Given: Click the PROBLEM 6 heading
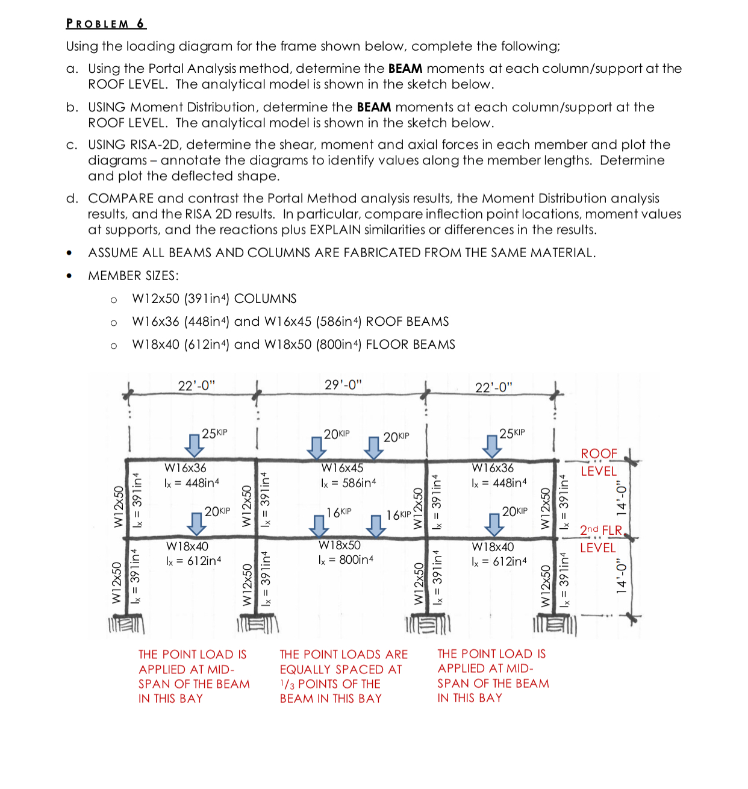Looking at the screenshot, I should tap(106, 23).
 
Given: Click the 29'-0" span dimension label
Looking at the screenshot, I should tap(343, 385).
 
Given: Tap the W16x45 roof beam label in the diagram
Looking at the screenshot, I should tap(342, 467).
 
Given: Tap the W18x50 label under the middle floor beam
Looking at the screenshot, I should tap(340, 545).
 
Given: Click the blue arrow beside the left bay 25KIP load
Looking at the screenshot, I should tap(194, 445).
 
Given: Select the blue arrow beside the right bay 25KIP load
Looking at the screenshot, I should tap(492, 446).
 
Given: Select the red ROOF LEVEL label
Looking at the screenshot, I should tap(599, 462).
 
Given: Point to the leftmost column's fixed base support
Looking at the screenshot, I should tap(126, 624).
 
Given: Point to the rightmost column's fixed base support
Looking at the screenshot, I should tap(555, 624).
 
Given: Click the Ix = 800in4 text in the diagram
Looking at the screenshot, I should tap(346, 560).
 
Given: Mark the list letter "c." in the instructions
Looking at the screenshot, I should tap(72, 145).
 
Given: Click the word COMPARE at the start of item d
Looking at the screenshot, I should tap(121, 198).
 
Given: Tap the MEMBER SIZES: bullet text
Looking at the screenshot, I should tap(133, 276).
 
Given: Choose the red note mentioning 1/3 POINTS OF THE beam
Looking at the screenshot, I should tap(343, 676).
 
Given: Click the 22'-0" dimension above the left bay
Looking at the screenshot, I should tap(196, 385).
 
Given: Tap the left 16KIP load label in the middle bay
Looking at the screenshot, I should tap(339, 512).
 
